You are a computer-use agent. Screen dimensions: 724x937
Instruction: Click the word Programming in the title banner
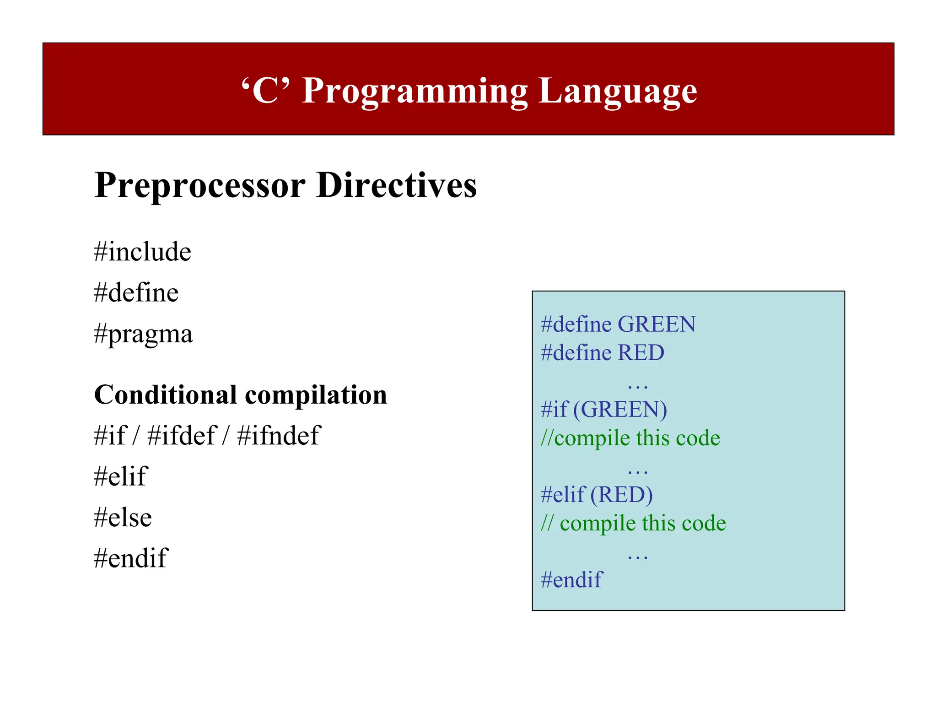[x=415, y=92]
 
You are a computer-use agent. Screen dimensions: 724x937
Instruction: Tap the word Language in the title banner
[x=617, y=92]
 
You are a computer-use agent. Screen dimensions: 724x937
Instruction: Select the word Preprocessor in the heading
[x=200, y=185]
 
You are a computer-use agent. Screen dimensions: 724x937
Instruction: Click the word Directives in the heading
[x=396, y=185]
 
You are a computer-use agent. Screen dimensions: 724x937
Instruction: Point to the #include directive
[x=142, y=252]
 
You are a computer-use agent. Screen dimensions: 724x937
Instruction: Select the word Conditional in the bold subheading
[x=165, y=394]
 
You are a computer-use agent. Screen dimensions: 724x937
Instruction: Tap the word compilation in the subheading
[x=316, y=394]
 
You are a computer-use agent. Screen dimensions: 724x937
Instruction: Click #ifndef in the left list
[x=279, y=435]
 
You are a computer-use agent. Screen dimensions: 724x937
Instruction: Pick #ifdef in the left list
[x=181, y=435]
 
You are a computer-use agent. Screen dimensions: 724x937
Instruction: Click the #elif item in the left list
[x=120, y=476]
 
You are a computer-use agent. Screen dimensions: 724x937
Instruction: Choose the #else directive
[x=123, y=518]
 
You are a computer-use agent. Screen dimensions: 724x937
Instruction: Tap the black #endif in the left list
[x=131, y=558]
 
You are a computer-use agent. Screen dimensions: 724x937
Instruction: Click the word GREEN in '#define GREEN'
[x=657, y=324]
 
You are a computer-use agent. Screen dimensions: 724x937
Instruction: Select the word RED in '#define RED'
[x=641, y=353]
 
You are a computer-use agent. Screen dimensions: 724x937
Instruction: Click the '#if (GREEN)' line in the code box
[x=603, y=410]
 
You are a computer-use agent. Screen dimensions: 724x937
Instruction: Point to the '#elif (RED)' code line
[x=597, y=495]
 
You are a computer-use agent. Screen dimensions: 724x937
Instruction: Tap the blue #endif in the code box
[x=571, y=580]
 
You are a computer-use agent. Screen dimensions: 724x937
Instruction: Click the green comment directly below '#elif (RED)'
[x=633, y=523]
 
